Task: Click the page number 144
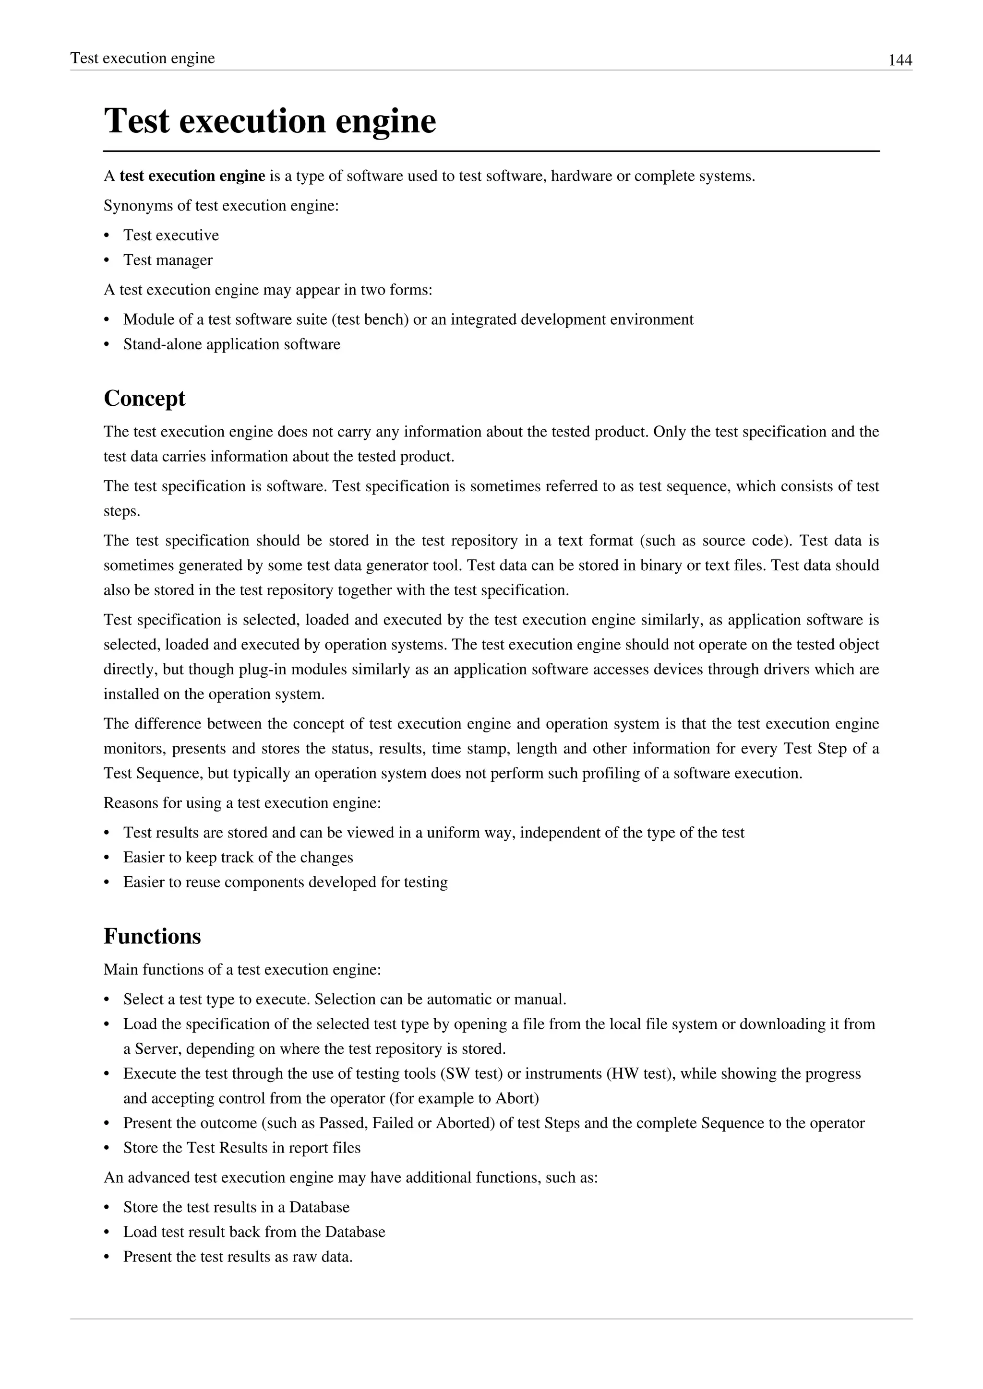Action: click(899, 60)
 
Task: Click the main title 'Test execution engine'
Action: click(270, 121)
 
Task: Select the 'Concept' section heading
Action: click(144, 398)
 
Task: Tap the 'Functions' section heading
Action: click(152, 936)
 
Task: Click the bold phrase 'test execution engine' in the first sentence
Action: click(192, 176)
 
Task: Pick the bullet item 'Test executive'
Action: click(171, 235)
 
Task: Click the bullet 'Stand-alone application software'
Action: click(231, 344)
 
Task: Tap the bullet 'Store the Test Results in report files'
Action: click(241, 1148)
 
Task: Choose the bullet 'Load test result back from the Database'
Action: click(253, 1232)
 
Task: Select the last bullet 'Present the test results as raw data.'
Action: click(238, 1257)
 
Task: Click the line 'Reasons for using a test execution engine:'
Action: click(242, 803)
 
